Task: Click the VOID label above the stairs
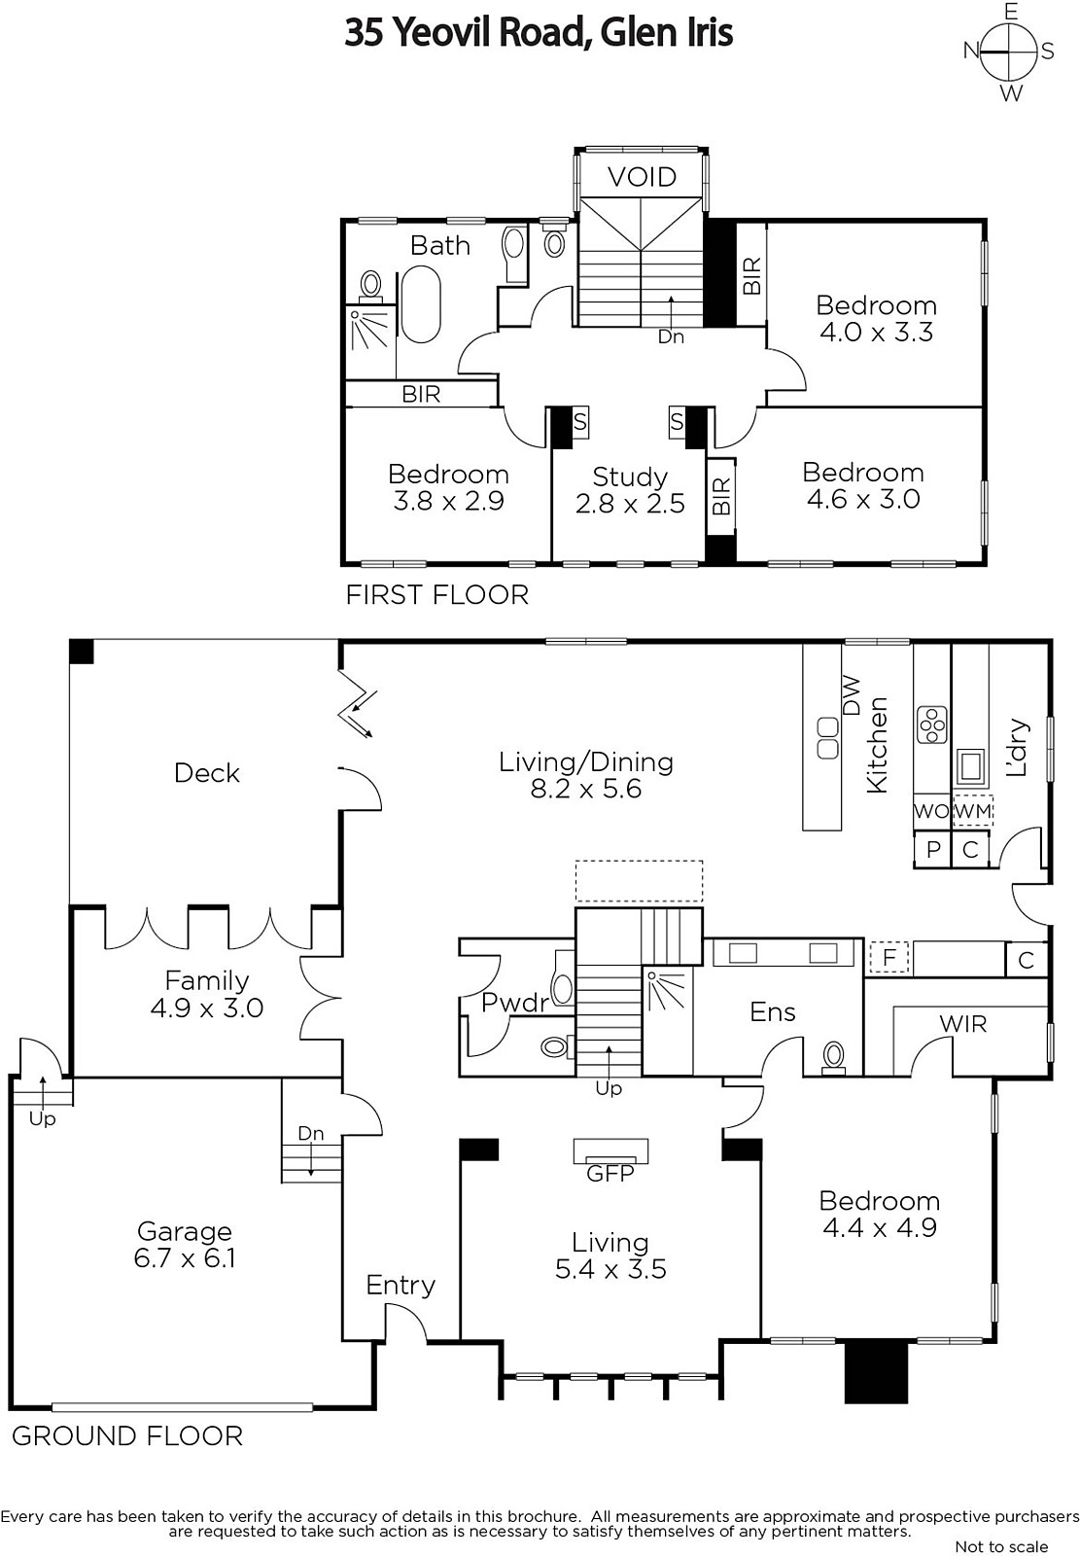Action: (x=642, y=177)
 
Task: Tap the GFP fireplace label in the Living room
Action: (x=610, y=1173)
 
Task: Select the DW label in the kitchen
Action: (x=852, y=695)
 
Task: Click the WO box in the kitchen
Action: (x=931, y=811)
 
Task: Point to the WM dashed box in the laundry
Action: (x=973, y=811)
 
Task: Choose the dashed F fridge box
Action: (x=889, y=958)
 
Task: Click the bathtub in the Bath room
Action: (x=420, y=305)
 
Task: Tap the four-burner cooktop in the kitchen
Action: (x=931, y=725)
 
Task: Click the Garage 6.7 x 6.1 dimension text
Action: (x=185, y=1258)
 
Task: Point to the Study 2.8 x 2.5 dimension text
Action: (x=630, y=503)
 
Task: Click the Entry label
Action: (x=401, y=1285)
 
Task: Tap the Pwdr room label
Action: (x=515, y=1003)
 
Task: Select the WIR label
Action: (x=963, y=1023)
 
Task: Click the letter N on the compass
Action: (x=971, y=50)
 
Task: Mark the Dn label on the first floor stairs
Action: (x=671, y=336)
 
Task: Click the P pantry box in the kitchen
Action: (x=933, y=849)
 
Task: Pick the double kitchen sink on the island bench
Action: (x=828, y=738)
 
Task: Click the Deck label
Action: (x=207, y=773)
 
